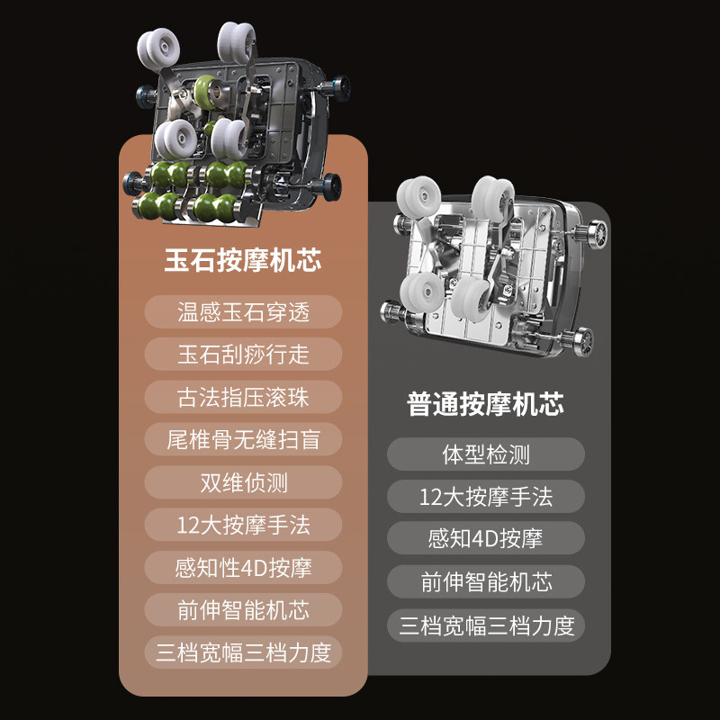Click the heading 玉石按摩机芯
coord(243,262)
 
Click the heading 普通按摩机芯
coord(486,404)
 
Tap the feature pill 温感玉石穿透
coord(243,312)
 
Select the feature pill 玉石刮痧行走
coord(243,355)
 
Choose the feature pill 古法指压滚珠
coord(243,397)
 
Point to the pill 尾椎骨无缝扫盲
coord(243,439)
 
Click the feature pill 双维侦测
coord(243,482)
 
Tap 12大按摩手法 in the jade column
coord(243,525)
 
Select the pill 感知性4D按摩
coord(243,568)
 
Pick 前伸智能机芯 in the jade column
coord(243,610)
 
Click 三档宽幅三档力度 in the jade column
coord(243,652)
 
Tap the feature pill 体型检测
coord(486,454)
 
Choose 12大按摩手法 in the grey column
coord(486,497)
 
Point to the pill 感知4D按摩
coord(486,539)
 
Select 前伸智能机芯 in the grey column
coord(486,582)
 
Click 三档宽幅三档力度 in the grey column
coord(486,625)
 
